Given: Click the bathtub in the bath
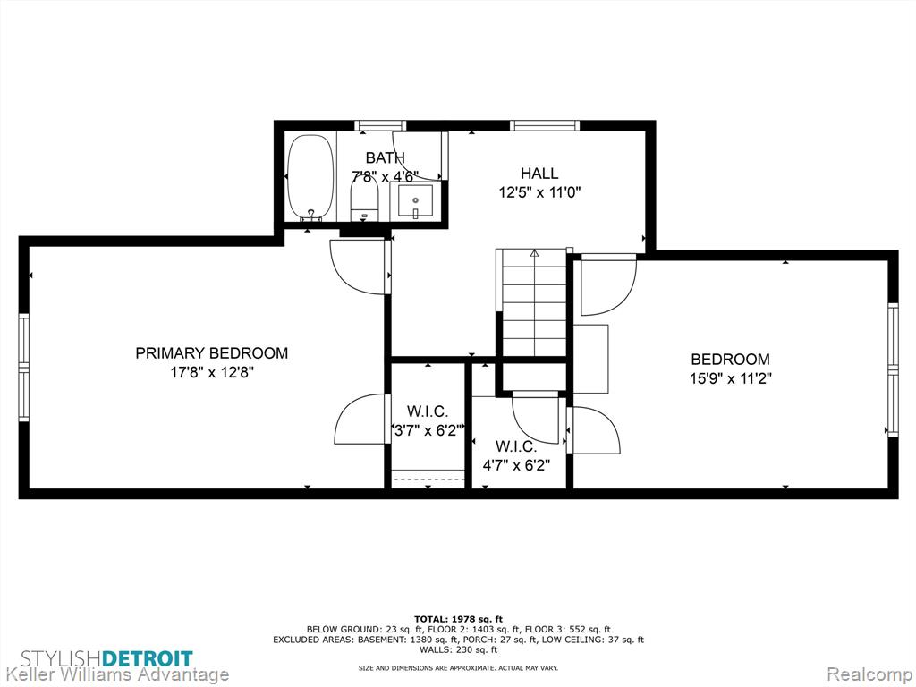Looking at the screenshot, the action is pyautogui.click(x=310, y=178).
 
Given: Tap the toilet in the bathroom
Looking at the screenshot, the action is pyautogui.click(x=365, y=199).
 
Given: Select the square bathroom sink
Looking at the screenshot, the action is pyautogui.click(x=415, y=200).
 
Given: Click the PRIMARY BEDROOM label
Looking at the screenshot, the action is pyautogui.click(x=211, y=352).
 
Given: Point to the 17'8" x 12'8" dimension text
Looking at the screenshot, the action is pyautogui.click(x=211, y=372).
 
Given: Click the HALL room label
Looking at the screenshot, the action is pyautogui.click(x=539, y=173).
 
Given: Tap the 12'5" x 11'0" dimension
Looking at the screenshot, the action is pyautogui.click(x=539, y=192).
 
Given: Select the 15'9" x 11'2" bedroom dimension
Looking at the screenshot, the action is pyautogui.click(x=730, y=378).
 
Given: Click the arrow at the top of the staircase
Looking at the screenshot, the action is pyautogui.click(x=534, y=253).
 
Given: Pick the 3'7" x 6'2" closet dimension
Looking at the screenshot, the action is pyautogui.click(x=428, y=430).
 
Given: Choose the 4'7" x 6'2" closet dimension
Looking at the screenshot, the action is pyautogui.click(x=516, y=465).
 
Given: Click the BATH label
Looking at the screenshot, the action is pyautogui.click(x=385, y=157).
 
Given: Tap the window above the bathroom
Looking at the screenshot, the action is pyautogui.click(x=380, y=125).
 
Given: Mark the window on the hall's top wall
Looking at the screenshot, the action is pyautogui.click(x=545, y=125).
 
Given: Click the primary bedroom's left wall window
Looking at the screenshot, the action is pyautogui.click(x=24, y=367).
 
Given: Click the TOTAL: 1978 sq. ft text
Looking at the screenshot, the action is pyautogui.click(x=458, y=619).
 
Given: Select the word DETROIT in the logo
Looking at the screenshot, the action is pyautogui.click(x=148, y=659).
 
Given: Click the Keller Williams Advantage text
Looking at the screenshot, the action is pyautogui.click(x=114, y=675).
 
